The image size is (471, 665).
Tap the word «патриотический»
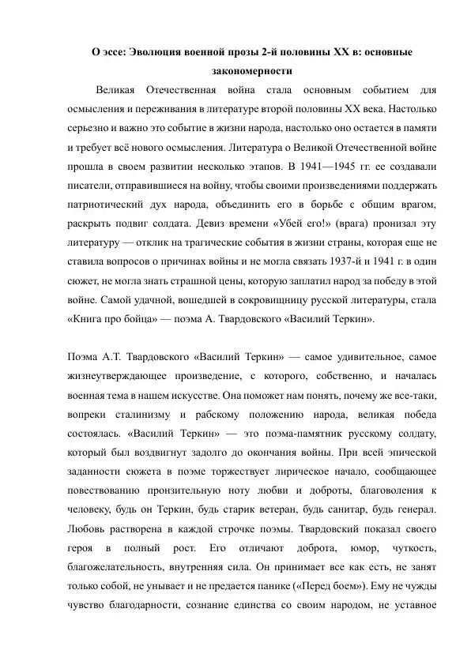coord(107,205)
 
